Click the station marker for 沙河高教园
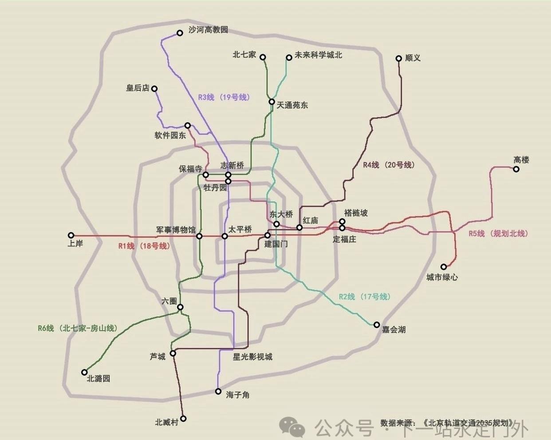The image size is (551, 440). [180, 33]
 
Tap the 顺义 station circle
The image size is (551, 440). [398, 58]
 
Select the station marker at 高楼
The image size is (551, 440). [516, 169]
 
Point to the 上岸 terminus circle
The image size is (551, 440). [71, 235]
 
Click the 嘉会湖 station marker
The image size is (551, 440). [377, 325]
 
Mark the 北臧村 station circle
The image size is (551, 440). [183, 418]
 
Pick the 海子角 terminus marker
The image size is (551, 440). [218, 391]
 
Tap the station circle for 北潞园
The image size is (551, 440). [84, 373]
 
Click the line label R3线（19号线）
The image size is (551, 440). [224, 97]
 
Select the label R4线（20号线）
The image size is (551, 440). [389, 165]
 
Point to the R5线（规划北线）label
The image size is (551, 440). [498, 234]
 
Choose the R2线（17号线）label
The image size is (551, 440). [364, 297]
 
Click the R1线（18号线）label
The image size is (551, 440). [144, 246]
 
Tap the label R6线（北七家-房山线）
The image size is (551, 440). [78, 329]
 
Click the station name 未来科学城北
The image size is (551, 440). [319, 55]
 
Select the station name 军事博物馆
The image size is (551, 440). [176, 230]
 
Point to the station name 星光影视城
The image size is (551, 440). [252, 357]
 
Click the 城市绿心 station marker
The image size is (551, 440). [444, 267]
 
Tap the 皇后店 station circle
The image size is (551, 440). [154, 89]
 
